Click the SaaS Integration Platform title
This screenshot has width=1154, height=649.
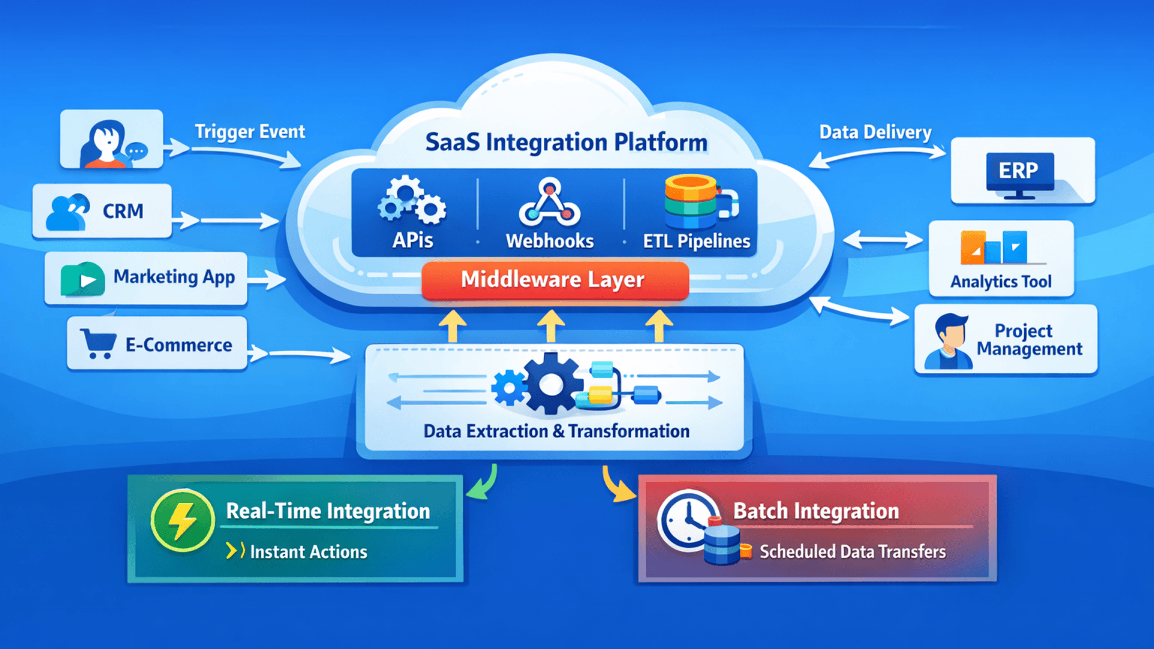[x=566, y=142]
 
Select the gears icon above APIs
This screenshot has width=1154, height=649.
[x=412, y=201]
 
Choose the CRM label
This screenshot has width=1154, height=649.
[x=123, y=212]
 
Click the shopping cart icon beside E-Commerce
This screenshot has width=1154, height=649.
[x=99, y=343]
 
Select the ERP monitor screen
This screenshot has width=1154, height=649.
[x=1020, y=171]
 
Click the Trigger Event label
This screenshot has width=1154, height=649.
[x=249, y=132]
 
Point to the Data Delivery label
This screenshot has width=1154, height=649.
[x=875, y=132]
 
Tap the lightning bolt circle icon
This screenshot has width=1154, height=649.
[x=182, y=520]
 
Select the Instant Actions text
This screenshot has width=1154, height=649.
[x=308, y=552]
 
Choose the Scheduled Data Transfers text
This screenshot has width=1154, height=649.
[x=852, y=552]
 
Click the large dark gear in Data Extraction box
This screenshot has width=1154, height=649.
[x=551, y=385]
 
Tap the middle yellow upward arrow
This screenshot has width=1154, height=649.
[x=551, y=326]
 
